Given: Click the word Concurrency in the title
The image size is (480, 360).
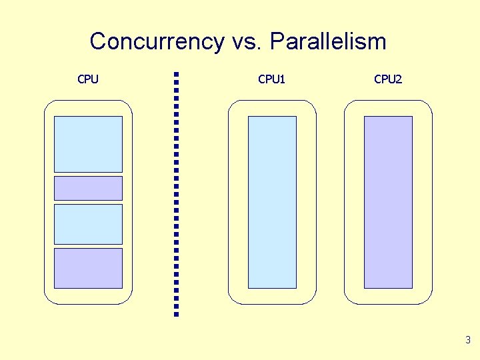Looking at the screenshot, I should (157, 41).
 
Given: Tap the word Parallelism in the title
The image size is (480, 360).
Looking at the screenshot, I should (328, 41).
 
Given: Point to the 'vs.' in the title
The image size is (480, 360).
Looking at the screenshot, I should (247, 42).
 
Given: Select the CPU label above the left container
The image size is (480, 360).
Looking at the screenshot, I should (88, 79).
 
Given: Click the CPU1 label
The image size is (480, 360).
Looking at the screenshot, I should (271, 79).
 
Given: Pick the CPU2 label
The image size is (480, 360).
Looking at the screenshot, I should (388, 79).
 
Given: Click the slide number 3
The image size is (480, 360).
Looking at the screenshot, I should (468, 340).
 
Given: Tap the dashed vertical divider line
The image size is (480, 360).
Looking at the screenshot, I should (176, 193).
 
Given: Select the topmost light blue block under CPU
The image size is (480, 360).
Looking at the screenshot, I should (88, 144).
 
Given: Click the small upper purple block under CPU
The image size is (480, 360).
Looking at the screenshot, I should (88, 188).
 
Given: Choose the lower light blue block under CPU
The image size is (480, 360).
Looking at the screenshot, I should (88, 224).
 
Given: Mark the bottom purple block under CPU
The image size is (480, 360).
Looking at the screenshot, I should (88, 268).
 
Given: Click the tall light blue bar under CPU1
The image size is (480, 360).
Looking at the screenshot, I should (272, 202).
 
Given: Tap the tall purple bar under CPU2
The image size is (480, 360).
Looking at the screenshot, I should (388, 202).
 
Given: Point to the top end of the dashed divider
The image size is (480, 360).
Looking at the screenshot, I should (176, 74).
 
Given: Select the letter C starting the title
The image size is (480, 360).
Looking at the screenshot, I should (98, 41).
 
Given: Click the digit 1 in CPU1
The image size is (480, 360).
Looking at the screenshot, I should (283, 79).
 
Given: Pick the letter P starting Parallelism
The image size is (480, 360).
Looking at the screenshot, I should (277, 41).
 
